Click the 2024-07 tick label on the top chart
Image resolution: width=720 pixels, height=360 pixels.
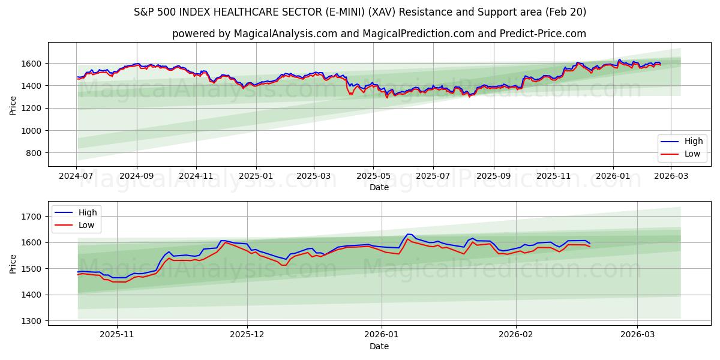click(x=76, y=176)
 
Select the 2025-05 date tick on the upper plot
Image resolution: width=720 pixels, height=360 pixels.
click(x=373, y=176)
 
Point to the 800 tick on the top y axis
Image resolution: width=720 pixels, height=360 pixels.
click(x=33, y=153)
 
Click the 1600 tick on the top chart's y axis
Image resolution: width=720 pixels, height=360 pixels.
click(x=31, y=64)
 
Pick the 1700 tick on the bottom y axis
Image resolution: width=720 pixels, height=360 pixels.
click(x=31, y=217)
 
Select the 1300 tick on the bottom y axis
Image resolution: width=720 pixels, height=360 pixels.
click(x=31, y=321)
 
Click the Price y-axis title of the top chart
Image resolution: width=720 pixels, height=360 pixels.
click(x=13, y=105)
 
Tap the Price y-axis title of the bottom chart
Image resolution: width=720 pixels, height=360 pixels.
click(x=13, y=263)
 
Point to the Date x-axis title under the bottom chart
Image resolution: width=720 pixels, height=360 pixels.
click(x=379, y=346)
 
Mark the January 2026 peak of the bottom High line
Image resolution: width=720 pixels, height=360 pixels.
click(x=409, y=234)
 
